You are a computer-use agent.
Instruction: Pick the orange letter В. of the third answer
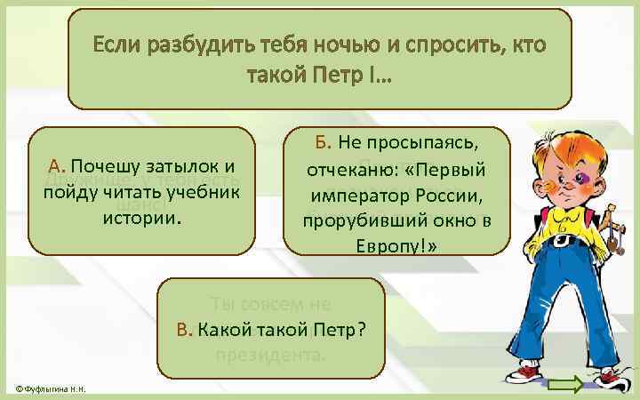click(184, 331)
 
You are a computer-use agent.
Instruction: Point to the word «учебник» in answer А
click(202, 192)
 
